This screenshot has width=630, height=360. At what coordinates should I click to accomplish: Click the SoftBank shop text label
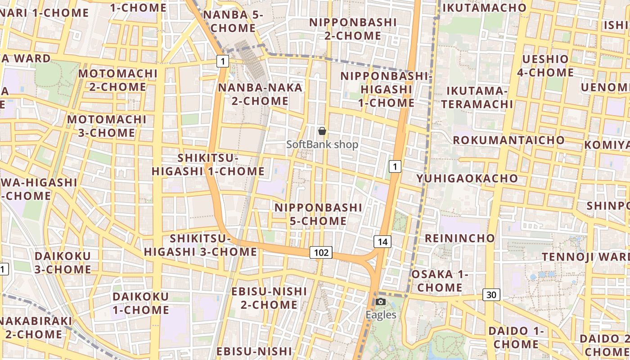[322, 144]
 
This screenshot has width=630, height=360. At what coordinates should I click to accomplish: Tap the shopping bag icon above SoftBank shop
[322, 131]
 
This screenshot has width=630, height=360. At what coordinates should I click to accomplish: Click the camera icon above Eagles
[381, 301]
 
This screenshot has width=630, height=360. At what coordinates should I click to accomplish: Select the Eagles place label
[381, 315]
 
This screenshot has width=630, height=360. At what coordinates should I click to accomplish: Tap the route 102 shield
[321, 252]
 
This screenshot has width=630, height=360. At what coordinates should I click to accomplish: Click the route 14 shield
[382, 242]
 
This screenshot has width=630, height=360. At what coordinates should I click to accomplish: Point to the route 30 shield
[491, 295]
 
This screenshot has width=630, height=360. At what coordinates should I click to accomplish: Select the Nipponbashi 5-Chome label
[318, 214]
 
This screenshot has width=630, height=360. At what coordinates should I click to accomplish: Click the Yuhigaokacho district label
[467, 178]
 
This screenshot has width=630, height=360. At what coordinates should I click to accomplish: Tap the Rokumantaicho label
[508, 140]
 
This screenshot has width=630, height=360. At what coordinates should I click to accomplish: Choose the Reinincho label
[460, 238]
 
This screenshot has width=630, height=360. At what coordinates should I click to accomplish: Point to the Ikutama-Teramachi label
[477, 98]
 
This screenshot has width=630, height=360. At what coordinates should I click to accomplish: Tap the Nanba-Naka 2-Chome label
[260, 94]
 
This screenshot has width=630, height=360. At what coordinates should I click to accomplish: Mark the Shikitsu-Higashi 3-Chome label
[201, 245]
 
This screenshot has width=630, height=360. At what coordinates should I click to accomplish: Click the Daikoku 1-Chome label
[141, 303]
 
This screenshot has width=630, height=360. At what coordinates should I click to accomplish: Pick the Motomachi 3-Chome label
[107, 126]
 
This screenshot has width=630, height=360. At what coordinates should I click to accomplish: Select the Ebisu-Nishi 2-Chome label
[269, 298]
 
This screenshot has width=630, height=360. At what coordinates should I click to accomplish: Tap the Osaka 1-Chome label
[440, 281]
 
